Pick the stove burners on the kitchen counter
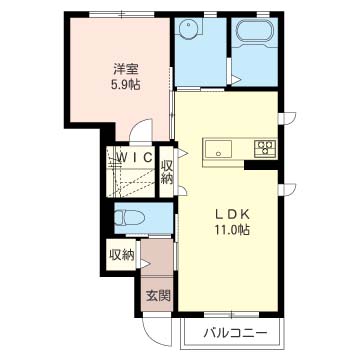point(266,149)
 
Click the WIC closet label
point(131,158)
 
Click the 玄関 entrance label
point(157,295)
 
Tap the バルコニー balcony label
point(235,332)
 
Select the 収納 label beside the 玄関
point(121,255)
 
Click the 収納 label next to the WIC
point(167,171)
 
